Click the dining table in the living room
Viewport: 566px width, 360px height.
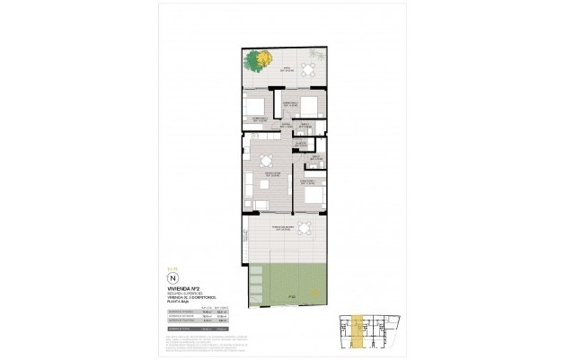coord(266,162)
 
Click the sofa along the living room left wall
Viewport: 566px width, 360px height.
coord(245,186)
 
